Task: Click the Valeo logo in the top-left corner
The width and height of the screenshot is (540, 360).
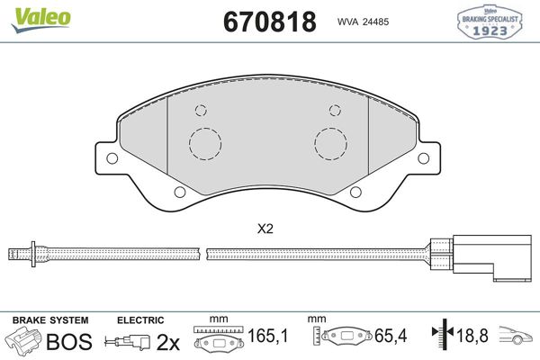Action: (41, 19)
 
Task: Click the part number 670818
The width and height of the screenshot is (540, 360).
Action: (270, 22)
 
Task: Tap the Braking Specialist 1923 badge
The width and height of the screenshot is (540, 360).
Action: (490, 22)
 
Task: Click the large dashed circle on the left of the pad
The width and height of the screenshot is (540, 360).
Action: (205, 144)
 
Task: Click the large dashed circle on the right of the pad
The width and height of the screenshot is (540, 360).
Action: (330, 144)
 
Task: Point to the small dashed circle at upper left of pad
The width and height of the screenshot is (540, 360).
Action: (201, 110)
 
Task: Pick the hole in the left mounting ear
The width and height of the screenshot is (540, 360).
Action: (112, 158)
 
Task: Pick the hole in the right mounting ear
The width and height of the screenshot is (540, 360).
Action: (423, 158)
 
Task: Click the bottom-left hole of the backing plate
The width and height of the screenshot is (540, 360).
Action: (180, 193)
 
